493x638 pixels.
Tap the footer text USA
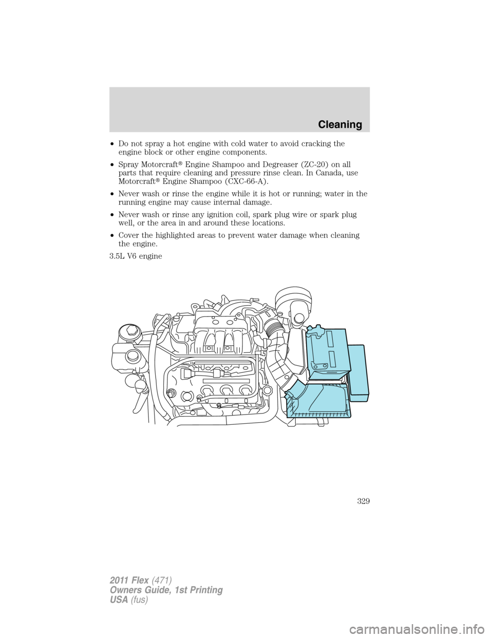click(x=118, y=599)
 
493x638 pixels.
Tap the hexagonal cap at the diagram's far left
click(x=128, y=332)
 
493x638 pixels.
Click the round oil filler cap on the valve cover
click(x=187, y=395)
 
